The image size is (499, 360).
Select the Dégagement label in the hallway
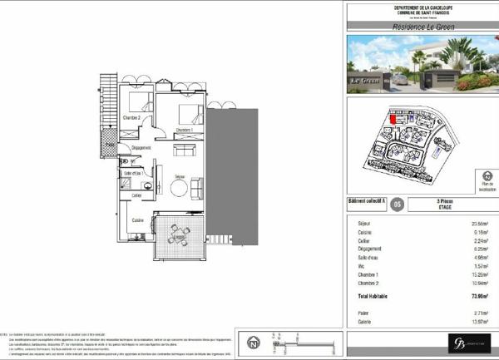141,148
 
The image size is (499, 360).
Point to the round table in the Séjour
179,188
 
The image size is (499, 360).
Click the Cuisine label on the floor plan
138,220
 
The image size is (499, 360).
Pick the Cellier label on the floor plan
136,196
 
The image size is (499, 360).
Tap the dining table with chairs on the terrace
177,234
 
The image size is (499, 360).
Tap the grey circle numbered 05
398,204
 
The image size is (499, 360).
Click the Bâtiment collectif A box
367,202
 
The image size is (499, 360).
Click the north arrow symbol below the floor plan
252,341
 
